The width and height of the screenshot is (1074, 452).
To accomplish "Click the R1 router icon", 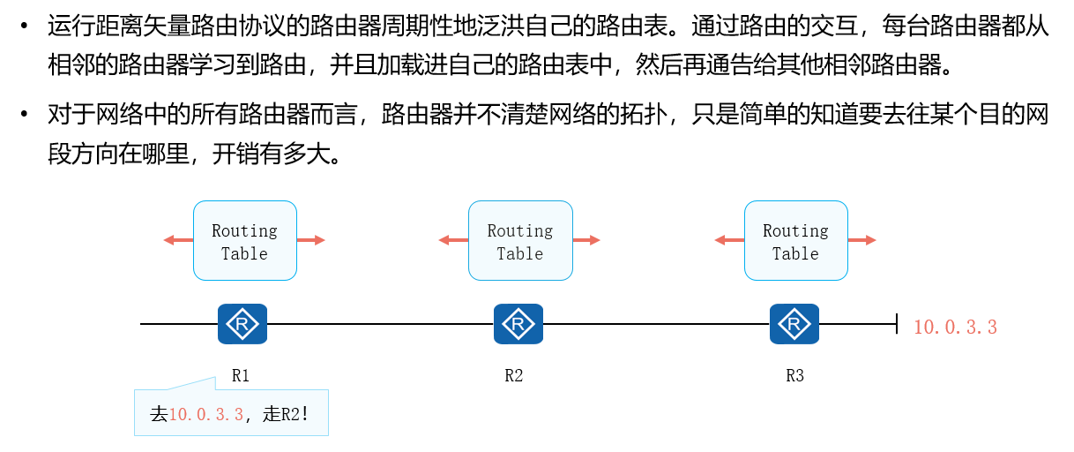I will click(x=242, y=324).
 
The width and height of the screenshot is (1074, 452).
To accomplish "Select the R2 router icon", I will click(x=518, y=324).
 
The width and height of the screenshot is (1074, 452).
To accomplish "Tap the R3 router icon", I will click(x=794, y=324).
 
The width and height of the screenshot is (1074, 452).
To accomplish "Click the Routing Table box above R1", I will click(x=244, y=241).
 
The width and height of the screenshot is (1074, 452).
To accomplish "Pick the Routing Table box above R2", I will click(x=520, y=241).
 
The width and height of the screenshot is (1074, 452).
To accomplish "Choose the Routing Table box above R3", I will click(x=795, y=241).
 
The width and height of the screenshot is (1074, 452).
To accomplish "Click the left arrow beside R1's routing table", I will click(x=177, y=240).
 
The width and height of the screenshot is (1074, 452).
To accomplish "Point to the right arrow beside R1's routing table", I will click(x=311, y=240).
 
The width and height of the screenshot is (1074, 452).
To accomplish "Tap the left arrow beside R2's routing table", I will click(x=452, y=240).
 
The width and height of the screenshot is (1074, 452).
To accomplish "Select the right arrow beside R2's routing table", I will click(x=587, y=240).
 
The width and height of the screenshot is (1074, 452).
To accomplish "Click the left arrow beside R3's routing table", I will click(x=728, y=240).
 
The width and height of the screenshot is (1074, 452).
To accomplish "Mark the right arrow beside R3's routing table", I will click(x=862, y=240).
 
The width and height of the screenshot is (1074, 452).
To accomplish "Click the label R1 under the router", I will click(x=241, y=375).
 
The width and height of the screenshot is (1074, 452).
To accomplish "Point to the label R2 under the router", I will click(x=514, y=375).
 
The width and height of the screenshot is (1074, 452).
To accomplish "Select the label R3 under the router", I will click(x=794, y=375).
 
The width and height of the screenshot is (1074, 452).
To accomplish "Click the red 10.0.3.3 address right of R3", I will click(x=955, y=328).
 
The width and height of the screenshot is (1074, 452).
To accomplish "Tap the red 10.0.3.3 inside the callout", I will click(x=206, y=414).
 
